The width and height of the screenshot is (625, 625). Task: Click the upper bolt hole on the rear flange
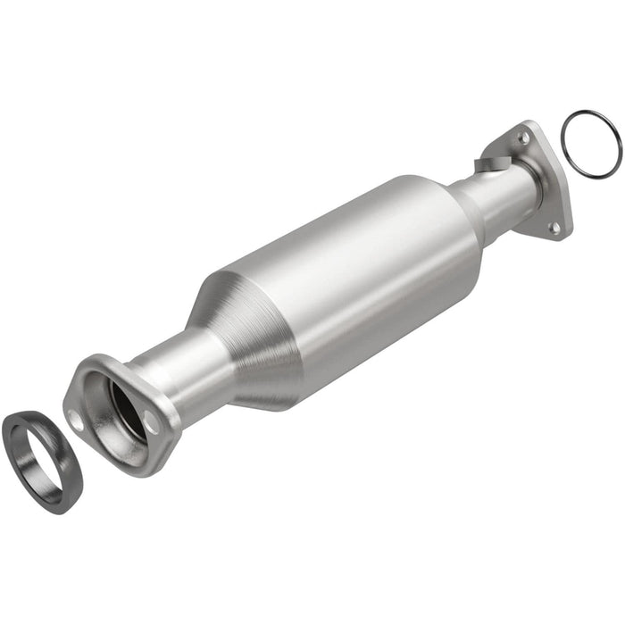click(523, 138)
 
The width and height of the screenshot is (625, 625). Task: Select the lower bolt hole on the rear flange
click(554, 228)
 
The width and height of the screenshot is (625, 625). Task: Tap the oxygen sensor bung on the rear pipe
click(490, 164)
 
